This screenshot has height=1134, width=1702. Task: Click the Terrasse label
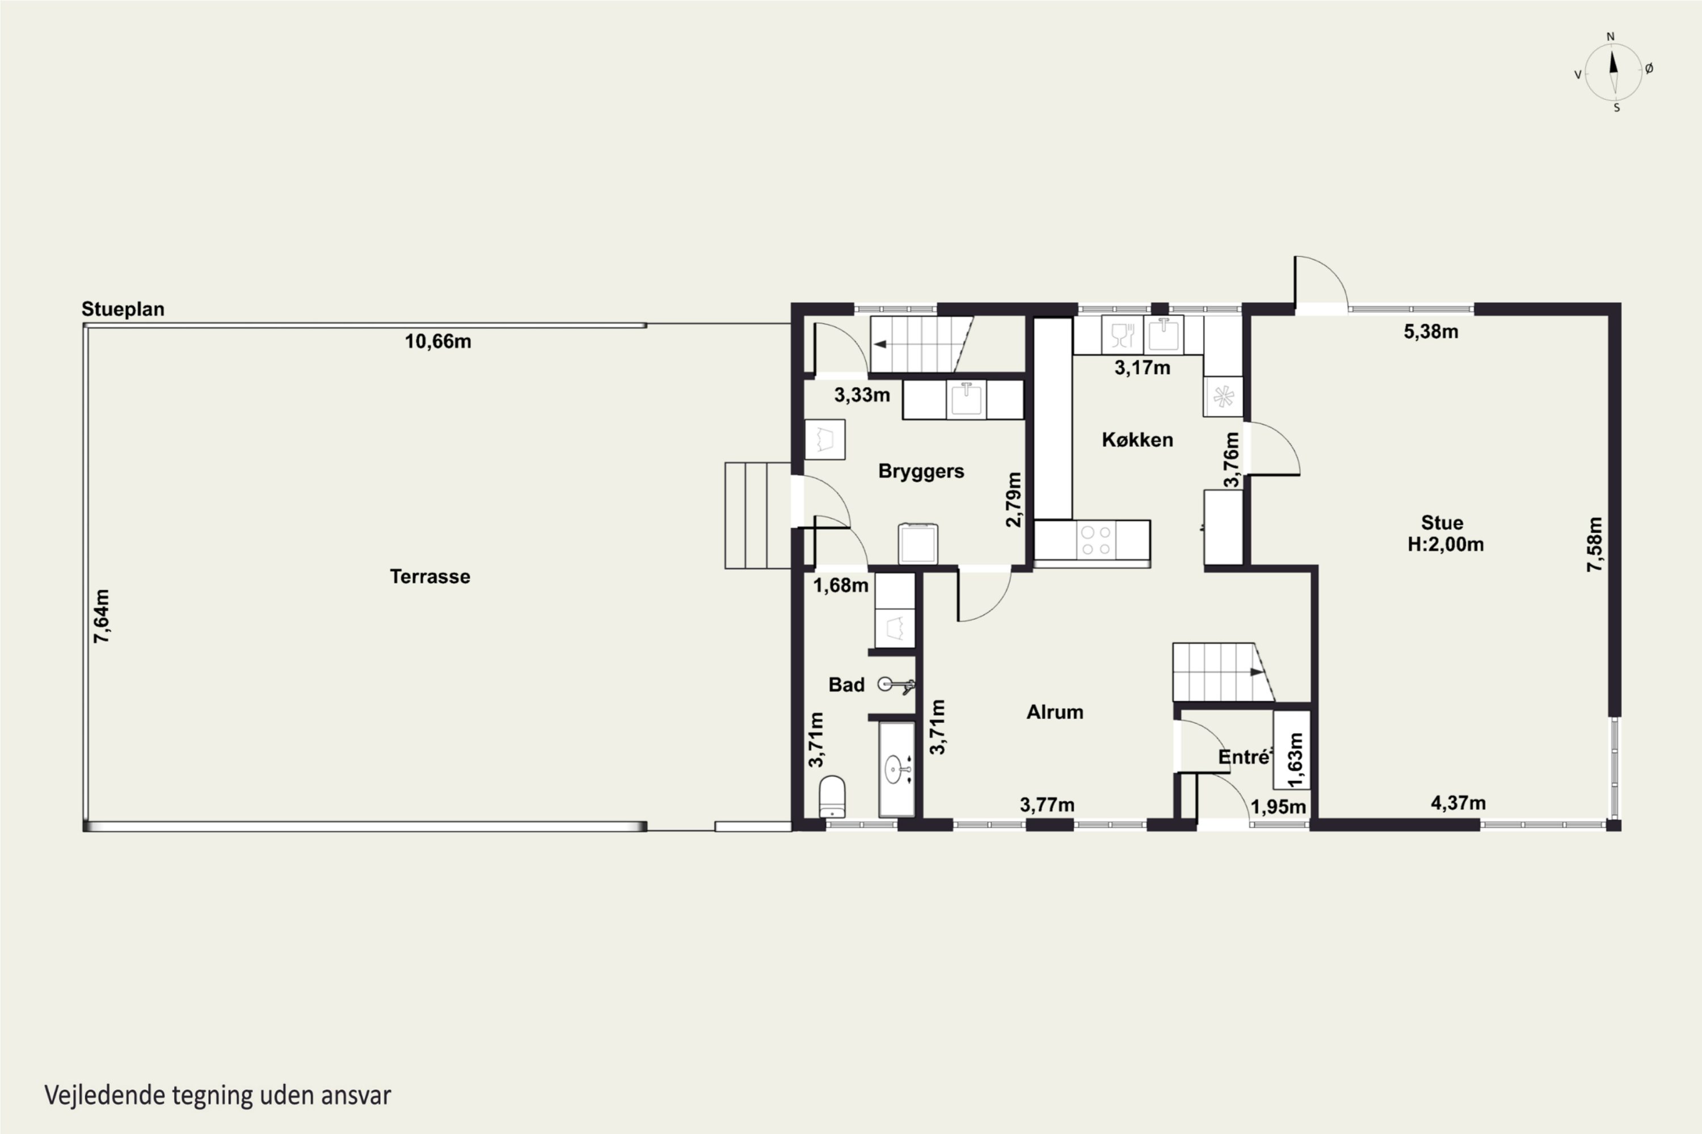point(430,577)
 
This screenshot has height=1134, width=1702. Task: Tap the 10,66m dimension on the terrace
point(438,341)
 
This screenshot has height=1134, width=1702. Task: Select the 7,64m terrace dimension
point(102,616)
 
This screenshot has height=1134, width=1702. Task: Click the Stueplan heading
point(123,309)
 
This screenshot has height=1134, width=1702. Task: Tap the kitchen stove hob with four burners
point(1096,540)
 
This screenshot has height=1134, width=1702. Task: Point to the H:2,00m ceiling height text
point(1445,544)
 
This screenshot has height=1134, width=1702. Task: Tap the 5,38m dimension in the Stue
point(1431,332)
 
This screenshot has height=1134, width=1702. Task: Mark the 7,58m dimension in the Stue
point(1595,544)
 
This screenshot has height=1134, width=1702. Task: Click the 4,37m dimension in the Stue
point(1458,803)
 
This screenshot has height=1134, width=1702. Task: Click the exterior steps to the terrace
point(757,515)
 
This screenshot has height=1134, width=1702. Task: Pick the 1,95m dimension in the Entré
point(1279,806)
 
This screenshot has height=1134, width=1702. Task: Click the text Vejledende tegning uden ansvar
point(218,1095)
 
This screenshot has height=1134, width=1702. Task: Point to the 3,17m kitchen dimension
point(1142,368)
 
